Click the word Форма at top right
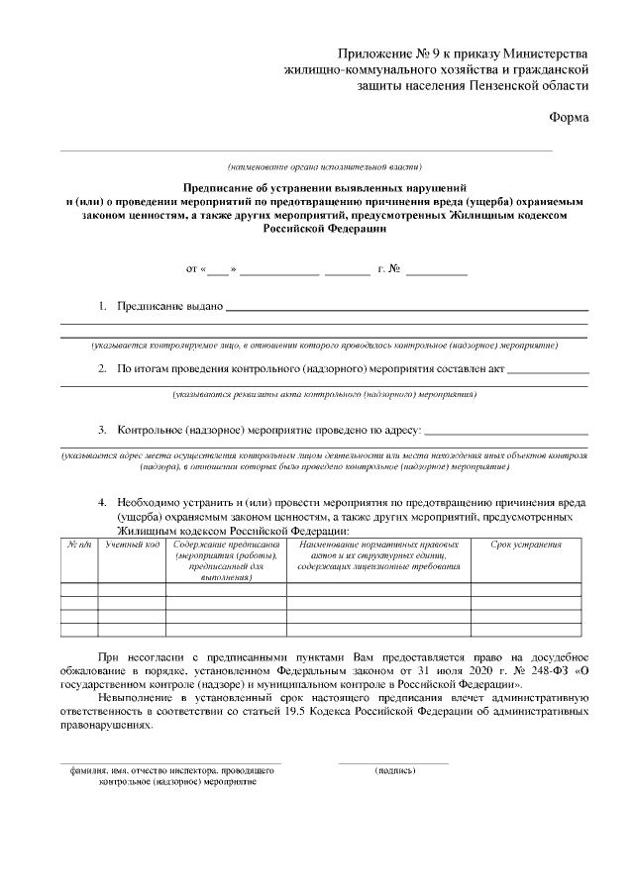pos(569,118)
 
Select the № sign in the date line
pos(393,268)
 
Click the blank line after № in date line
pos(436,270)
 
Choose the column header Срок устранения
pos(526,545)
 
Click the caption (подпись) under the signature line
pos(394,769)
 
